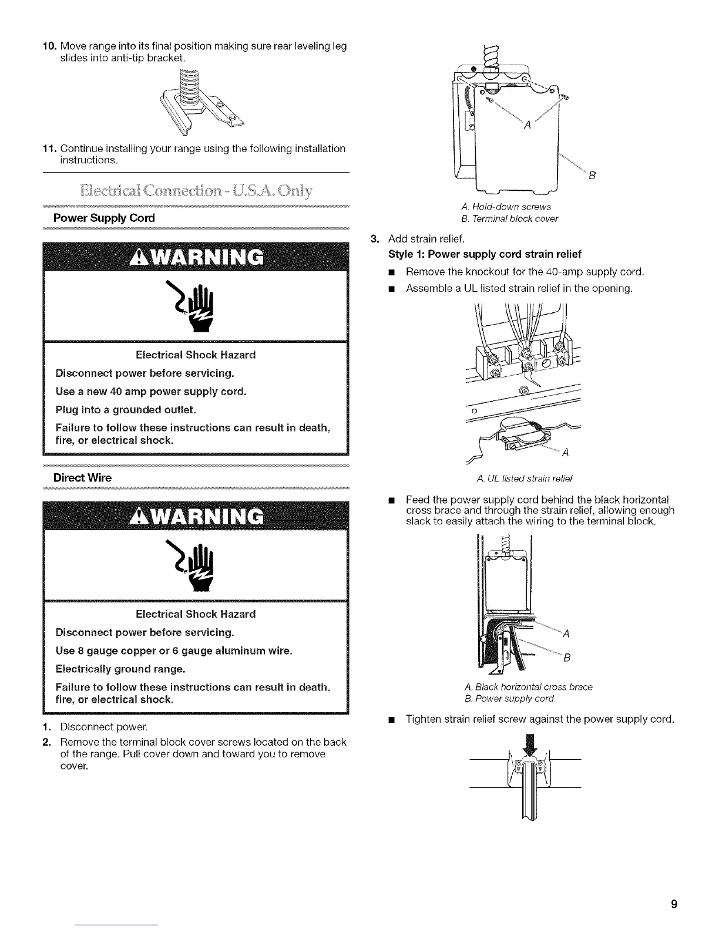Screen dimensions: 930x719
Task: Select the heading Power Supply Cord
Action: tap(104, 218)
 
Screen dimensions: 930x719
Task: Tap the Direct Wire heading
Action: tap(82, 477)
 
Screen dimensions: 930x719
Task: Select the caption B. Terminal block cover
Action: tap(510, 218)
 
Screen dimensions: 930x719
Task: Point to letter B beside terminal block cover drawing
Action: tap(592, 176)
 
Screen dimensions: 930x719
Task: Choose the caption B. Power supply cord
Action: tap(509, 698)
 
